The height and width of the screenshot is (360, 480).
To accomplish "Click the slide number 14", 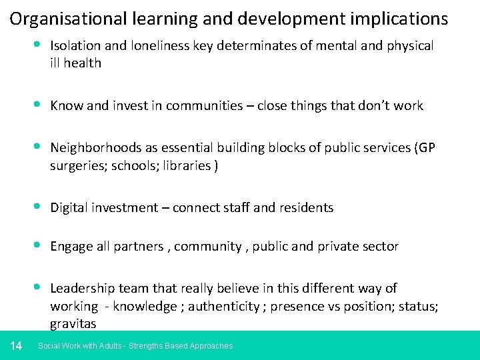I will pos(17,345).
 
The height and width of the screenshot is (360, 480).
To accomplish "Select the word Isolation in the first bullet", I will pos(73,46).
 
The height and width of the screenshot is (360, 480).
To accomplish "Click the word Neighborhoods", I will pos(94,147).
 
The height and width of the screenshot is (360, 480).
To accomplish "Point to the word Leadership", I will pos(83,288).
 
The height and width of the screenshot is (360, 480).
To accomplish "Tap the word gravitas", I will pos(73,324).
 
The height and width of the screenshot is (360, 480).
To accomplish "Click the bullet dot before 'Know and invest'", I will pos(38,105).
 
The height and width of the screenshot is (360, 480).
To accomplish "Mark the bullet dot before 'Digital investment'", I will pos(38,207).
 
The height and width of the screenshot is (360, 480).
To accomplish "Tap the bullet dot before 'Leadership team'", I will pos(38,287).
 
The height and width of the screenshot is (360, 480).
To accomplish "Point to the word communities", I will pos(205,105).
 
